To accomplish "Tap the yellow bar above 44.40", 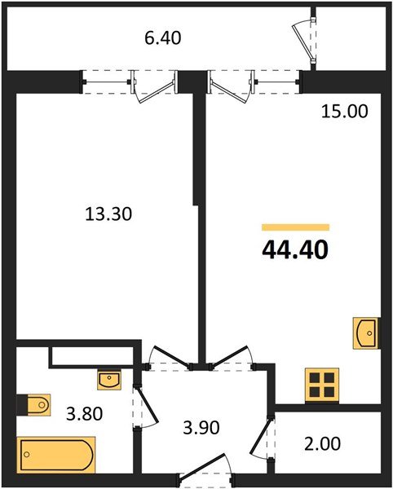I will (294, 227).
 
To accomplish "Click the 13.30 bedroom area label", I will (108, 214).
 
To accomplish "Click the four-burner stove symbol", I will (320, 385).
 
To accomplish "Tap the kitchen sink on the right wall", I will (365, 333).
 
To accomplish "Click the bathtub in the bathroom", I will (55, 452).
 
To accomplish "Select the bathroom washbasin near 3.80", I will (108, 378).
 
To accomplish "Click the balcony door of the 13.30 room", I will (155, 88).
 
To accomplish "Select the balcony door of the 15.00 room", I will (232, 88).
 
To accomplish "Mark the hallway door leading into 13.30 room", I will (170, 358).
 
